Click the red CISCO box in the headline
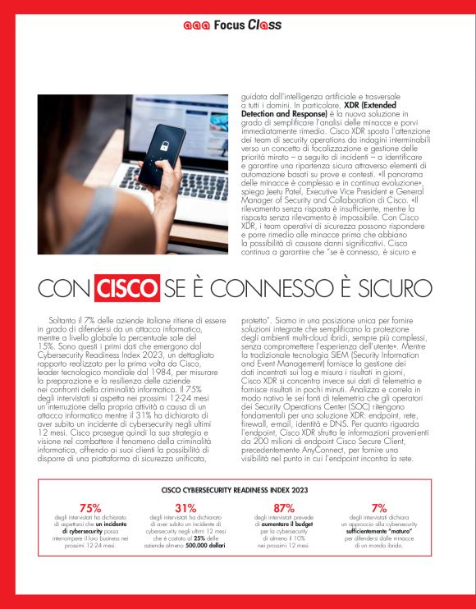click(127, 289)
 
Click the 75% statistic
click(91, 507)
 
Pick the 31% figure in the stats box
click(185, 507)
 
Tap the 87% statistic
click(284, 507)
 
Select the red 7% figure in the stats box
click(378, 507)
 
